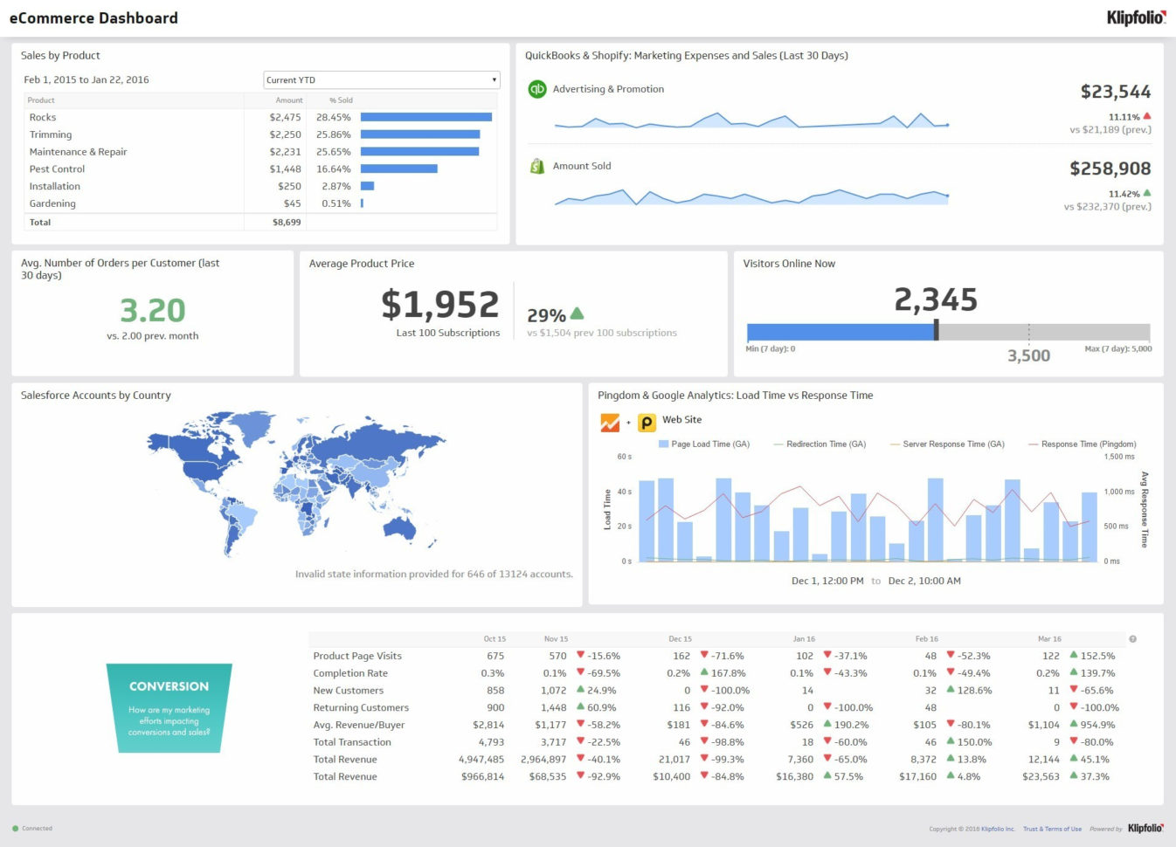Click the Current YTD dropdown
click(x=381, y=79)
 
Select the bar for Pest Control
click(x=398, y=169)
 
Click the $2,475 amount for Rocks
click(x=285, y=117)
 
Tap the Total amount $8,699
click(x=287, y=223)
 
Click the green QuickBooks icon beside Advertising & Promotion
click(x=537, y=89)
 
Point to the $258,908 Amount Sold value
click(x=1110, y=169)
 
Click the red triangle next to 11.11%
click(x=1147, y=116)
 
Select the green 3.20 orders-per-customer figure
click(x=153, y=311)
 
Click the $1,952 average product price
click(x=439, y=305)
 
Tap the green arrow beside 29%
click(x=577, y=313)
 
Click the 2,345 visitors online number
click(x=935, y=300)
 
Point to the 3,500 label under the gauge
click(x=1028, y=355)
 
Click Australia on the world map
click(x=401, y=527)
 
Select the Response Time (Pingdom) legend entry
click(x=1083, y=444)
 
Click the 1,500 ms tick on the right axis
click(x=1119, y=457)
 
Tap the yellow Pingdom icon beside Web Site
click(x=647, y=423)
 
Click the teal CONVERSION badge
click(x=169, y=708)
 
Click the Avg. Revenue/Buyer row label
click(x=359, y=725)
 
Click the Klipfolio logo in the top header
click(x=1135, y=17)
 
